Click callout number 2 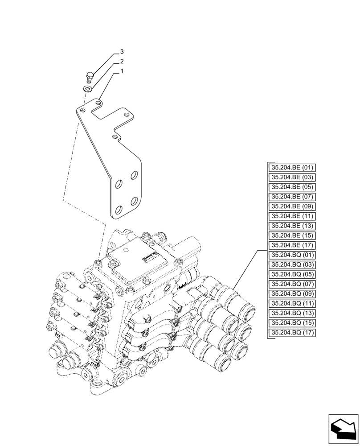pos(121,61)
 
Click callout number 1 pos(121,71)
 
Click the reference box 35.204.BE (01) pos(292,168)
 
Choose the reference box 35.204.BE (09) pos(292,206)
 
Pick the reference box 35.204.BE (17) pos(292,245)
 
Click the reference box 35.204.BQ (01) pos(292,255)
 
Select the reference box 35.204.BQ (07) pos(292,284)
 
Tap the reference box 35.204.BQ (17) pos(292,333)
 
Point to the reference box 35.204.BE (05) pos(292,187)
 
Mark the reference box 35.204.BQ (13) pos(292,313)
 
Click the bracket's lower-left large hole pos(119,210)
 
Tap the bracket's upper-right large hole pos(134,176)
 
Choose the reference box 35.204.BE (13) pos(292,226)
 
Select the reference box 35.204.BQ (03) pos(292,264)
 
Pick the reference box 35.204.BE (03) pos(292,177)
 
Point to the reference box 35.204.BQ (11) pos(292,303)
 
